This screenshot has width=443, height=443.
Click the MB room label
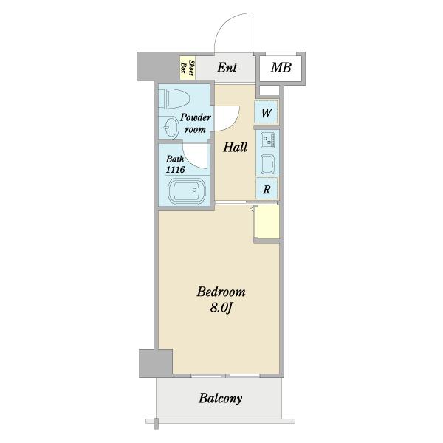pyautogui.click(x=281, y=68)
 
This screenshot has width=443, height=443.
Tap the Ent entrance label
pyautogui.click(x=227, y=68)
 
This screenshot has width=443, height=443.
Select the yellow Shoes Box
pyautogui.click(x=188, y=68)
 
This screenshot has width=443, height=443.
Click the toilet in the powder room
pyautogui.click(x=174, y=99)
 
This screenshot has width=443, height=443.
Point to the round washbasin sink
pyautogui.click(x=171, y=128)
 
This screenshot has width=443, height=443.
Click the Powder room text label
pyautogui.click(x=196, y=123)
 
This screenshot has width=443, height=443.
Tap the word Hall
pyautogui.click(x=235, y=147)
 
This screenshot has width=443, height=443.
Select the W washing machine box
pyautogui.click(x=266, y=112)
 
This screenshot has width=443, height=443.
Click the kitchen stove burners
pyautogui.click(x=268, y=140)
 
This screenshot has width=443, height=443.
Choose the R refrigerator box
pyautogui.click(x=267, y=188)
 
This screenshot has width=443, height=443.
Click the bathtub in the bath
pyautogui.click(x=185, y=190)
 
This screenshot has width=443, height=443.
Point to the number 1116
pyautogui.click(x=175, y=170)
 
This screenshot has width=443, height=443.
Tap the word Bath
pyautogui.click(x=175, y=159)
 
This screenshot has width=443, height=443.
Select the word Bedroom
pyautogui.click(x=221, y=292)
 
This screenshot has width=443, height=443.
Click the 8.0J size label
pyautogui.click(x=221, y=308)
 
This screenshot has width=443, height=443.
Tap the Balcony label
pyautogui.click(x=220, y=399)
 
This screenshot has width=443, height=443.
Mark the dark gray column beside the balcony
pyautogui.click(x=155, y=363)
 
